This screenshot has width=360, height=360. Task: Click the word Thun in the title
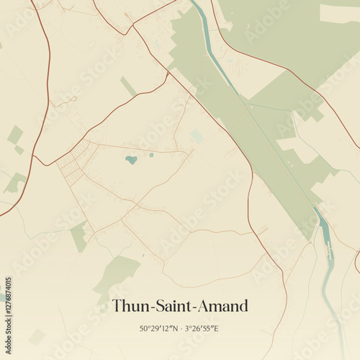pyautogui.click(x=130, y=306)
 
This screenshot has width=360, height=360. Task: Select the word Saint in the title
pyautogui.click(x=174, y=306)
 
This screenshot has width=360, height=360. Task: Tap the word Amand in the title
pyautogui.click(x=225, y=306)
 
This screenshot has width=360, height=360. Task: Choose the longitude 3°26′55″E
pyautogui.click(x=202, y=328)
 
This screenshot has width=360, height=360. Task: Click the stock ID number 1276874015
pyautogui.click(x=9, y=312)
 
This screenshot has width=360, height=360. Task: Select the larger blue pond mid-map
pyautogui.click(x=131, y=160)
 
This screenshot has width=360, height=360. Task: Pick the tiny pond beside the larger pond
pyautogui.click(x=151, y=154)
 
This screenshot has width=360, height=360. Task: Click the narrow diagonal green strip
pyautogui.click(x=128, y=86)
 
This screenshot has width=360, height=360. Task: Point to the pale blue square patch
pyautogui.click(x=197, y=136)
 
